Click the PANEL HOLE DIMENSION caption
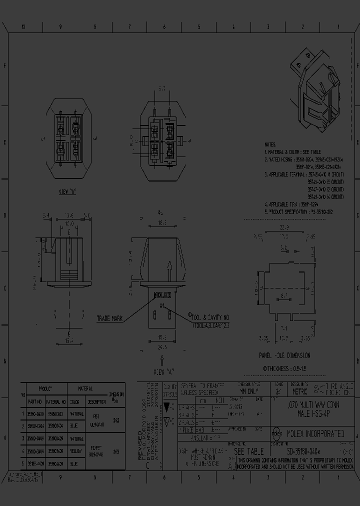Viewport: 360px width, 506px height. point(284,355)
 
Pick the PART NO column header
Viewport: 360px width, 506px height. point(35,401)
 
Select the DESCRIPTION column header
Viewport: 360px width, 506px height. point(96,401)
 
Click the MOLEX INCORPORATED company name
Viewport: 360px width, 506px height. point(314,433)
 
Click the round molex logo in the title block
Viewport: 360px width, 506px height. point(276,433)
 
